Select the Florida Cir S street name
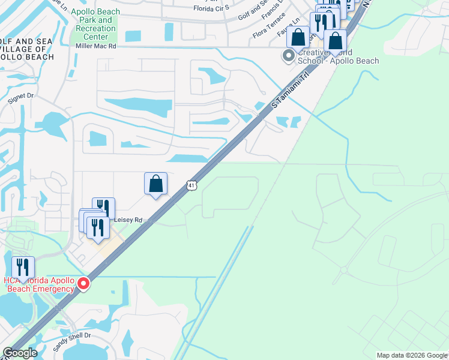[x=211, y=8]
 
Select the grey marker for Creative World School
[x=289, y=56]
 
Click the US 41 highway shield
[x=190, y=187]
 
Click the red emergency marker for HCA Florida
[x=83, y=284]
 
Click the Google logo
[x=19, y=353]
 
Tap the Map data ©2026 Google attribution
[x=411, y=355]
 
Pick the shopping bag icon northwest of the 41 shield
[x=155, y=184]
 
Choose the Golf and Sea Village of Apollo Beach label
[x=26, y=49]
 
